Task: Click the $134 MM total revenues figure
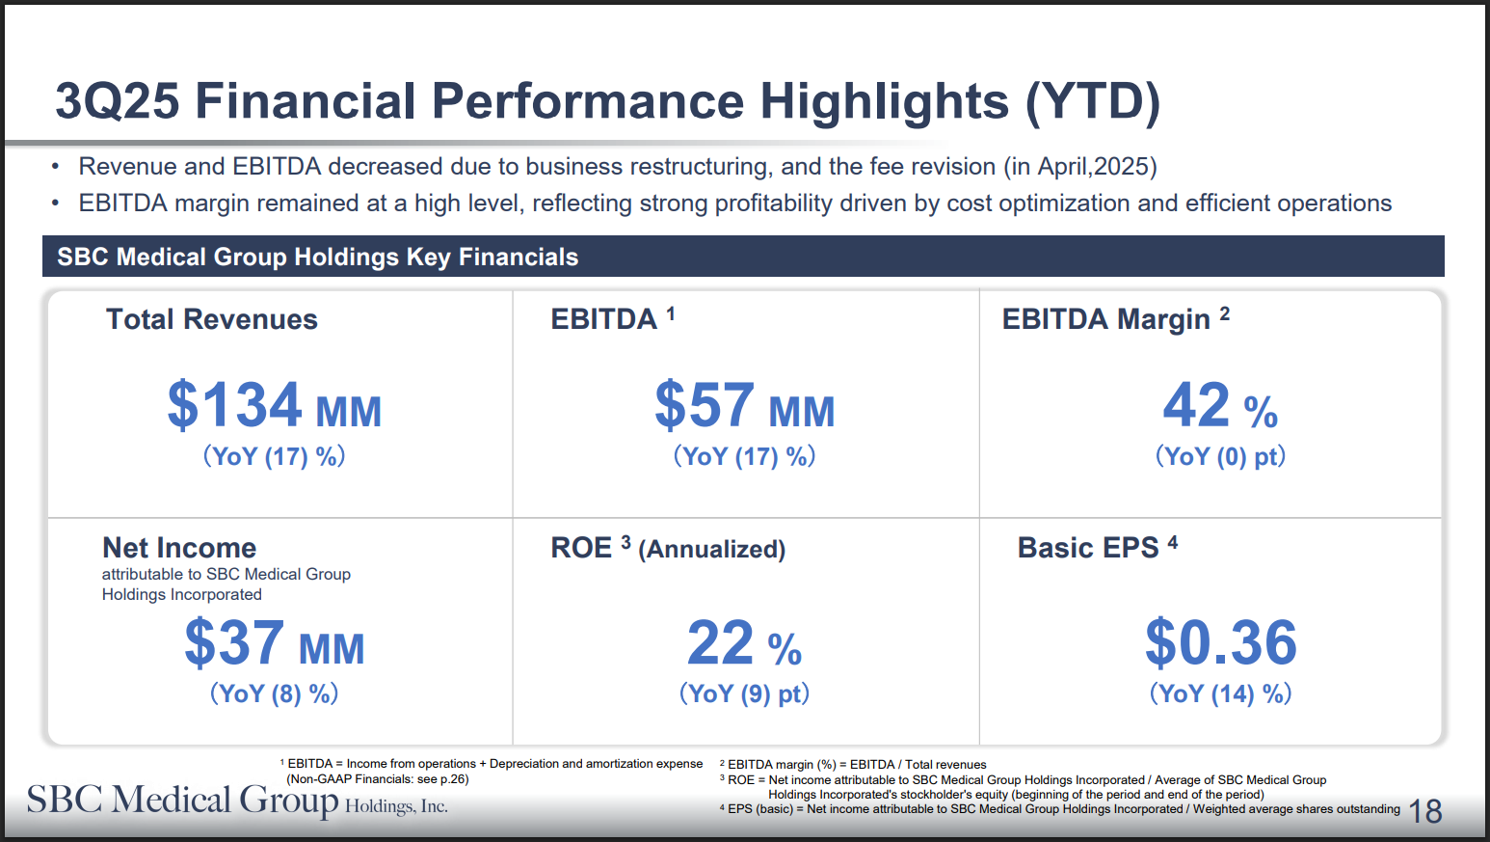coord(275,406)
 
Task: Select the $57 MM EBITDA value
coord(744,406)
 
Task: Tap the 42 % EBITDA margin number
coord(1220,406)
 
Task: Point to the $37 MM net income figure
coord(275,643)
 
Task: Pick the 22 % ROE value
coord(744,643)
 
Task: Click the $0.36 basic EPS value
coord(1220,643)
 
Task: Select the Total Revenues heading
coord(212,319)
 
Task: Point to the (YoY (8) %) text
coord(275,693)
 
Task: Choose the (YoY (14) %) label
coord(1220,693)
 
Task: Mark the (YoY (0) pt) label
coord(1220,456)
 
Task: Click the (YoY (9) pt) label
coord(744,693)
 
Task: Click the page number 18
coord(1425,812)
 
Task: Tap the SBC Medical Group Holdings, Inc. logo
coord(237,801)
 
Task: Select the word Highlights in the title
coord(884,101)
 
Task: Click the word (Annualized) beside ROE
coord(712,550)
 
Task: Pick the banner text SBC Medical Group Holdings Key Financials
coord(317,257)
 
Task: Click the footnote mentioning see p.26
coord(377,779)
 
